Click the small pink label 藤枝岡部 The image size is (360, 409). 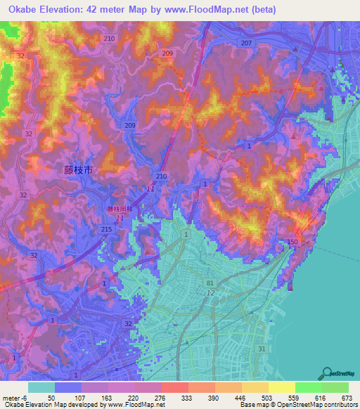(119, 209)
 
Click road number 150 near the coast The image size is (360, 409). (292, 242)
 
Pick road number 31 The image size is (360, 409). (262, 349)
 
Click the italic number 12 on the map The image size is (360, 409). (210, 292)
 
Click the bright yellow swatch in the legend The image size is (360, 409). (281, 387)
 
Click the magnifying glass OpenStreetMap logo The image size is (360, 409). (328, 373)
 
